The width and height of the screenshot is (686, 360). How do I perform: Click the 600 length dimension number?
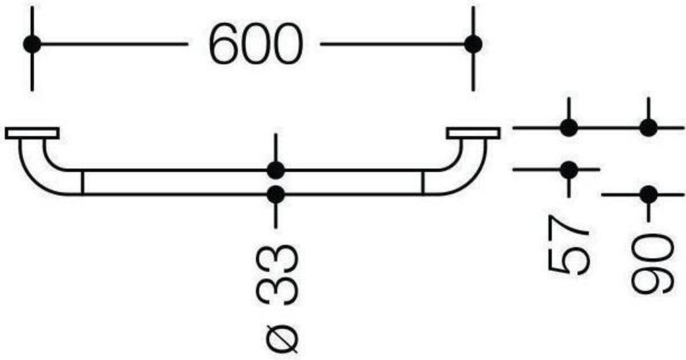click(256, 44)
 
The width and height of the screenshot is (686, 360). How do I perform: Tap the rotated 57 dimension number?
click(569, 245)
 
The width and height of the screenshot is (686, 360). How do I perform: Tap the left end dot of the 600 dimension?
click(32, 44)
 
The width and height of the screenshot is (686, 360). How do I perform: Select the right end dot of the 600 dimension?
click(473, 44)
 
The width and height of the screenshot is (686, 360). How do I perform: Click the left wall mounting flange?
click(32, 133)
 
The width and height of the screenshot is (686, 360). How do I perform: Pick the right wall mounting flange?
click(473, 133)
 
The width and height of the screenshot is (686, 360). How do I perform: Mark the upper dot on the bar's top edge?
click(275, 170)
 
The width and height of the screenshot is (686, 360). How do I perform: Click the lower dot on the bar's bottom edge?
click(275, 194)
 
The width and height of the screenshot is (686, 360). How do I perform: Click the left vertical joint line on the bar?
click(82, 182)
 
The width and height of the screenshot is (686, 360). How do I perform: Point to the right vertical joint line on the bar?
click(423, 182)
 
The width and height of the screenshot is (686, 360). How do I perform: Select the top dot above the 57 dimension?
click(569, 128)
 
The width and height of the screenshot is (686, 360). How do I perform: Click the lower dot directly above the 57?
click(569, 170)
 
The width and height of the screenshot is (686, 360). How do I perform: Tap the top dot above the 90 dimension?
click(648, 128)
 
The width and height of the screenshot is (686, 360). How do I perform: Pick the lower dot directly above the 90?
click(648, 194)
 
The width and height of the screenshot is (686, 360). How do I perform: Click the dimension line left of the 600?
click(114, 44)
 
